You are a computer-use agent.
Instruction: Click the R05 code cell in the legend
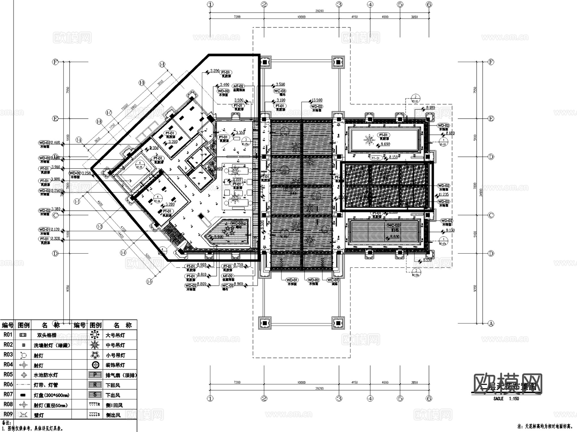(8, 375)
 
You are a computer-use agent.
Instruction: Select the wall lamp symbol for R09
(23, 415)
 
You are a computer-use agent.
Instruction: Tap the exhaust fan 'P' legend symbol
(95, 375)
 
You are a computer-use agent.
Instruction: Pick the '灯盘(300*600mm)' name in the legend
(51, 395)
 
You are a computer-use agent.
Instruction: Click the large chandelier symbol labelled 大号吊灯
(95, 335)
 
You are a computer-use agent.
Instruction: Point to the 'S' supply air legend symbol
(95, 395)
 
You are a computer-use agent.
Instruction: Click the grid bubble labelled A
(491, 324)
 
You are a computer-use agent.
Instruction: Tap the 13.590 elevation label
(317, 100)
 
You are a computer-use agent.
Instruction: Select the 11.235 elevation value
(444, 194)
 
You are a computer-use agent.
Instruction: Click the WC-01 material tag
(332, 280)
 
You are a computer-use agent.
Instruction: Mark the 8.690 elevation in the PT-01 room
(385, 144)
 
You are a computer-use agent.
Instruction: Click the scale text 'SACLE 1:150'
(506, 399)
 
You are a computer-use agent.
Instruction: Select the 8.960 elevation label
(202, 265)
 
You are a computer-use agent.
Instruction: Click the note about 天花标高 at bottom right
(545, 427)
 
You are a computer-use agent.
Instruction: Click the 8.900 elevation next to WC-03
(238, 284)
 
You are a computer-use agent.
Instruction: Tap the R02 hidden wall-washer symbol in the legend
(23, 345)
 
